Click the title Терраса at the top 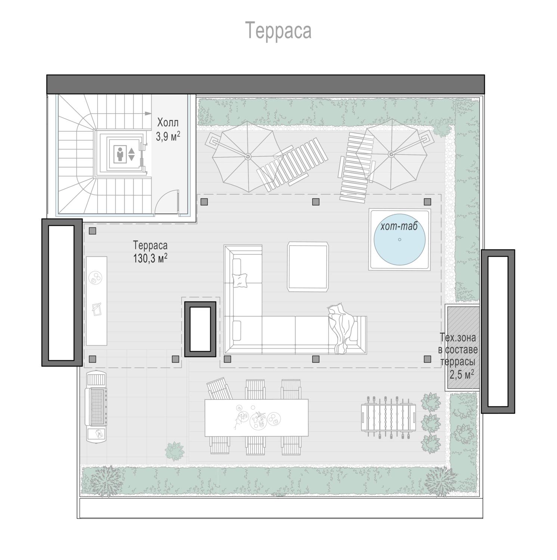[278, 31]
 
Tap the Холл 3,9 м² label [168, 129]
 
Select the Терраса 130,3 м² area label [150, 252]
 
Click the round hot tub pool [400, 239]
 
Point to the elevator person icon [120, 154]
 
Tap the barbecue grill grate [97, 407]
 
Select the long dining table [257, 418]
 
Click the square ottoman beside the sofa [308, 266]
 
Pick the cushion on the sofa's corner [240, 280]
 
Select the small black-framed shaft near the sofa [200, 329]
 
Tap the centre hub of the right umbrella [391, 154]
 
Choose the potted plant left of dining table [174, 450]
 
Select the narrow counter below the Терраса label [97, 301]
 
